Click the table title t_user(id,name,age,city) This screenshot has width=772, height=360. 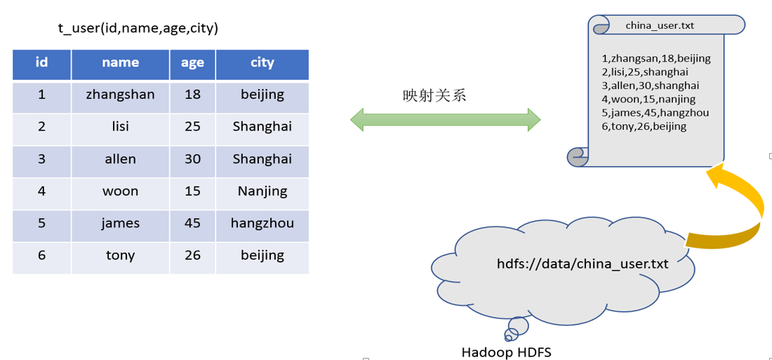pyautogui.click(x=138, y=28)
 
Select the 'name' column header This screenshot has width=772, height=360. pyautogui.click(x=120, y=62)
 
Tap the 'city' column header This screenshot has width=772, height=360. pyautogui.click(x=262, y=62)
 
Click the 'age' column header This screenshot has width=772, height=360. pyautogui.click(x=192, y=62)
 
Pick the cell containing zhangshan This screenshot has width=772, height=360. pyautogui.click(x=120, y=94)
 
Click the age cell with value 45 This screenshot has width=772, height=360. pyautogui.click(x=192, y=223)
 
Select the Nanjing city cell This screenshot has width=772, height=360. pyautogui.click(x=262, y=191)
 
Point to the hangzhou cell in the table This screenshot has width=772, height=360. pyautogui.click(x=262, y=223)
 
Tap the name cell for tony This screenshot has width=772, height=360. pyautogui.click(x=120, y=255)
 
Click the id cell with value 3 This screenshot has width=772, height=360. pyautogui.click(x=41, y=159)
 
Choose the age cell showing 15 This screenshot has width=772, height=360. pyautogui.click(x=192, y=191)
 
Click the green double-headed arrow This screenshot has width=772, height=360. pyautogui.click(x=445, y=119)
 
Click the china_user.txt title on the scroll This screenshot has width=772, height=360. pyautogui.click(x=660, y=25)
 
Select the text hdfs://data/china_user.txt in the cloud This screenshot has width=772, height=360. pyautogui.click(x=583, y=264)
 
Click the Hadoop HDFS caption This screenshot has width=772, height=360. pyautogui.click(x=506, y=352)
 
